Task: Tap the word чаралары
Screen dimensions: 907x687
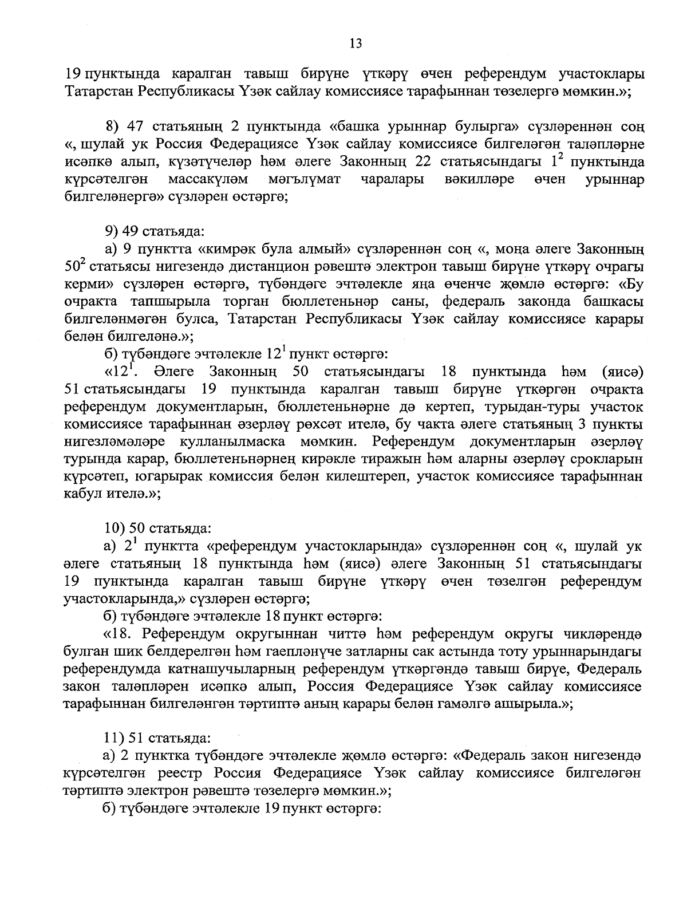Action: pos(393,180)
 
